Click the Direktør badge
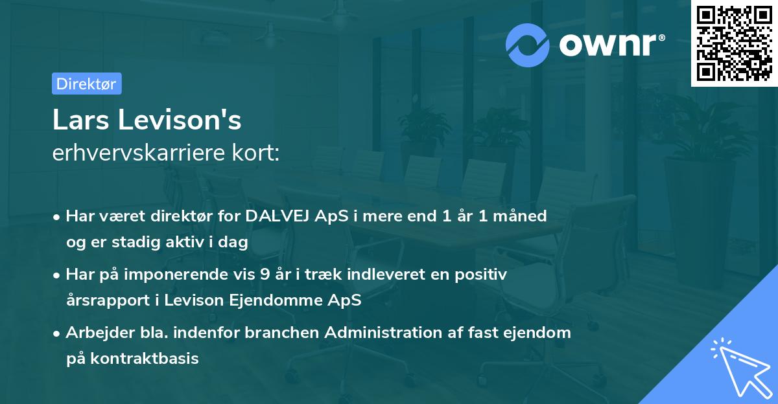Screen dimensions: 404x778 coord(86,84)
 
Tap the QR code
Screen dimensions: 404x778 coord(734,43)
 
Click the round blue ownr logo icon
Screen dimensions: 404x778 coord(528,44)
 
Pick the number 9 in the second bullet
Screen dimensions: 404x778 coord(264,275)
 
